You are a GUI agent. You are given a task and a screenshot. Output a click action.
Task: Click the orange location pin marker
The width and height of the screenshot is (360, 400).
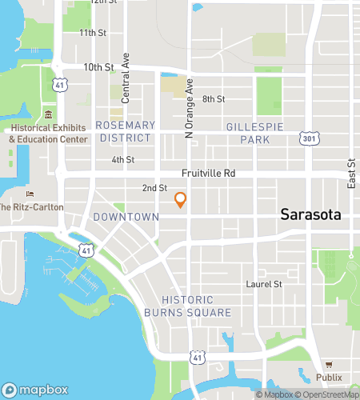[181, 200]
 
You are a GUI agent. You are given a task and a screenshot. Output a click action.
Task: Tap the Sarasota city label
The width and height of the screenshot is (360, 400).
[310, 214]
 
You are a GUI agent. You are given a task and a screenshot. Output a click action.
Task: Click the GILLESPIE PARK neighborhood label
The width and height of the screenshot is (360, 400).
[254, 133]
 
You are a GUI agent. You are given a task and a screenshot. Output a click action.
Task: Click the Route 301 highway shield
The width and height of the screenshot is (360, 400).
[309, 140]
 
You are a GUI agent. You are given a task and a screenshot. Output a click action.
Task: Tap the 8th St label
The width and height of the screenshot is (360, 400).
[214, 99]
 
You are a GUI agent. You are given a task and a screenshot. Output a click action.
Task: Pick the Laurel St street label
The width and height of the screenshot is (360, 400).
[265, 284]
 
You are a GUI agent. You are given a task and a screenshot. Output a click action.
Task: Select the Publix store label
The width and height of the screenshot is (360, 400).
[329, 377]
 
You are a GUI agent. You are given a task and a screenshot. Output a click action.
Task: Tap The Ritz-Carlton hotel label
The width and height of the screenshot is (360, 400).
[30, 207]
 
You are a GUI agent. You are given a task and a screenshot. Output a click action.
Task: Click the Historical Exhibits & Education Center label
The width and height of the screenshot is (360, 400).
[48, 134]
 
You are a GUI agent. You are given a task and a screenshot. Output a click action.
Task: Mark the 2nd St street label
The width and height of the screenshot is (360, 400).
[154, 188]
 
